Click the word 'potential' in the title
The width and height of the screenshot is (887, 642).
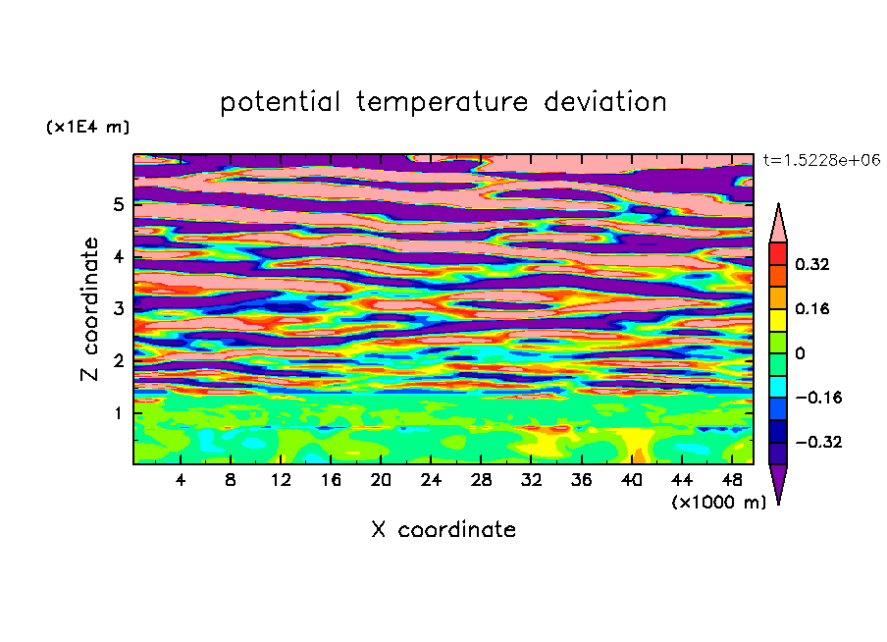pyautogui.click(x=280, y=103)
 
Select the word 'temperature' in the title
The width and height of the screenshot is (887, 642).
pyautogui.click(x=443, y=103)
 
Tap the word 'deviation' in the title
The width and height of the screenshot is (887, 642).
pyautogui.click(x=605, y=102)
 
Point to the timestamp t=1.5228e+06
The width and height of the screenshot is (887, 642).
pyautogui.click(x=821, y=161)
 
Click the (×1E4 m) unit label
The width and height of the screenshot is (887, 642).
pyautogui.click(x=87, y=127)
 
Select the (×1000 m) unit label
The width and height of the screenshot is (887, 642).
pyautogui.click(x=718, y=502)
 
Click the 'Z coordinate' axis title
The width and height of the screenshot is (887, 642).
pyautogui.click(x=89, y=309)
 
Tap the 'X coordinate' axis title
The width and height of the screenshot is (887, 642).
pyautogui.click(x=443, y=529)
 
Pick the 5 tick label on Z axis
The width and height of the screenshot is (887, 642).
pyautogui.click(x=118, y=204)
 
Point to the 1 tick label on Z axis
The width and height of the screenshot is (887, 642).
pyautogui.click(x=118, y=413)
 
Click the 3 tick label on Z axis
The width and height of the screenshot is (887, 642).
pyautogui.click(x=118, y=308)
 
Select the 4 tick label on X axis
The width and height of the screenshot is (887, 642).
pyautogui.click(x=181, y=480)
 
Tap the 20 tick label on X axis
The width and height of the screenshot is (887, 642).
pyautogui.click(x=381, y=480)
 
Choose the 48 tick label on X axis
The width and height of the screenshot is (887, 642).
pyautogui.click(x=732, y=480)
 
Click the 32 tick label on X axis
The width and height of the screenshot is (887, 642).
pyautogui.click(x=531, y=480)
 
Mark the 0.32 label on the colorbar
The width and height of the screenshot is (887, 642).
pyautogui.click(x=811, y=264)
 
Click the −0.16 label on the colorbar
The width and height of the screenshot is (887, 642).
pyautogui.click(x=818, y=398)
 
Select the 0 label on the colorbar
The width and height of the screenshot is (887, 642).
pyautogui.click(x=800, y=353)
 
